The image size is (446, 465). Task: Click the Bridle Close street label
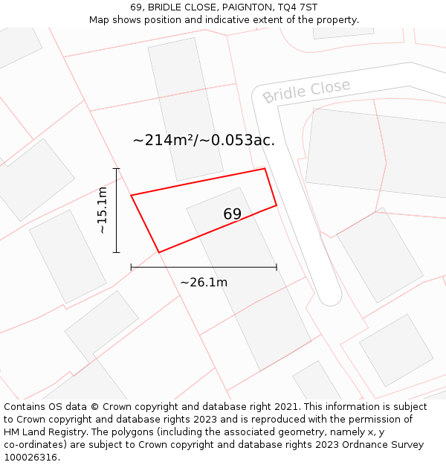306,91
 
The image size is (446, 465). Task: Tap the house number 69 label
233,214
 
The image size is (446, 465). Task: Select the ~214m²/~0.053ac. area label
204,140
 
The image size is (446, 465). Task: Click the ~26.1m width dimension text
204,282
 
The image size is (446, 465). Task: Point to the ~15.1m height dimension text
103,211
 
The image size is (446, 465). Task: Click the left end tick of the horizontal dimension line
131,266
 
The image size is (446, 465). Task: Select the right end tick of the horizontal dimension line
277,266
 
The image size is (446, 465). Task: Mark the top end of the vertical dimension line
116,169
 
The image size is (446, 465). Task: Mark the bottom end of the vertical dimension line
116,252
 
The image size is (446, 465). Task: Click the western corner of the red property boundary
132,196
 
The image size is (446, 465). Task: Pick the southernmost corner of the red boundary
159,252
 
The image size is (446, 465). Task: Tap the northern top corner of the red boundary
265,169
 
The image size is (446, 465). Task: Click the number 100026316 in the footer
29,458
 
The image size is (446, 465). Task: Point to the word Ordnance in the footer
361,445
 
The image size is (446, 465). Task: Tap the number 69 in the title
136,7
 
